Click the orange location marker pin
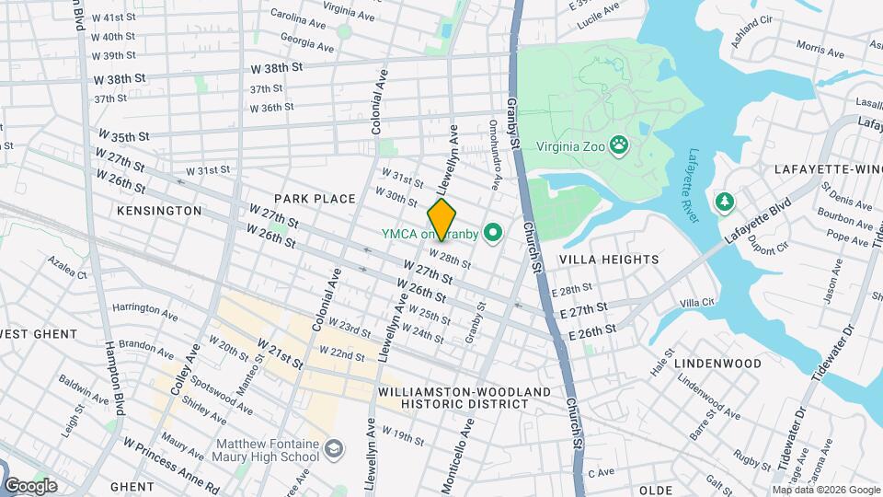442,219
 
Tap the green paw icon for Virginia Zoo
622,145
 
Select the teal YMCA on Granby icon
492,234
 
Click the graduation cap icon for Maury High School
333,448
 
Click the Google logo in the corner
29,485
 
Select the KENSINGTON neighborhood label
159,211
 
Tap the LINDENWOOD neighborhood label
717,364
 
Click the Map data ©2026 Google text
824,490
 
